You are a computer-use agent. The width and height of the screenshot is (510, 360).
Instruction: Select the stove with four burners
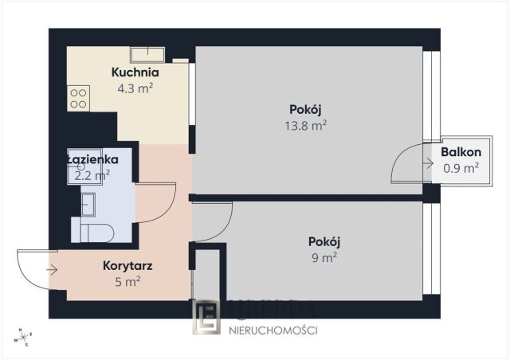(x=78, y=98)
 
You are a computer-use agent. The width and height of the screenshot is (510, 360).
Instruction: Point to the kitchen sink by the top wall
(x=147, y=54)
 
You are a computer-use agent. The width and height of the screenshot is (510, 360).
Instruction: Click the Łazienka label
(x=92, y=158)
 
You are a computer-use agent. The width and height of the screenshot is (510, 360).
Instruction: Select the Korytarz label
(x=127, y=265)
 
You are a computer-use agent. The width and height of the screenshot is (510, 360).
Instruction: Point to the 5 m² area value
(x=128, y=280)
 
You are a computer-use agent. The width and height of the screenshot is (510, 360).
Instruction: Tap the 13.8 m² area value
(x=306, y=125)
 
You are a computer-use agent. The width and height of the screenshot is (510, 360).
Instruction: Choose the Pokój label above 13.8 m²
(x=306, y=110)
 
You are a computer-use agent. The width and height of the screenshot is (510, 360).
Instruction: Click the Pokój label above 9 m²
(x=324, y=241)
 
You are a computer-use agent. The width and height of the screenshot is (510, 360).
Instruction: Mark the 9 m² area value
(x=324, y=256)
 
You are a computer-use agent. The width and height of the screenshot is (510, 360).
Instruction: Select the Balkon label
(x=461, y=152)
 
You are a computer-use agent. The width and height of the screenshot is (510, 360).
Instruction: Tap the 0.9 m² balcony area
(x=461, y=168)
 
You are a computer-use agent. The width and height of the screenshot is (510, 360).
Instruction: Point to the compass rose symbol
(x=24, y=338)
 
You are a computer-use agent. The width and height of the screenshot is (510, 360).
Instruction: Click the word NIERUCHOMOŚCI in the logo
(x=273, y=330)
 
